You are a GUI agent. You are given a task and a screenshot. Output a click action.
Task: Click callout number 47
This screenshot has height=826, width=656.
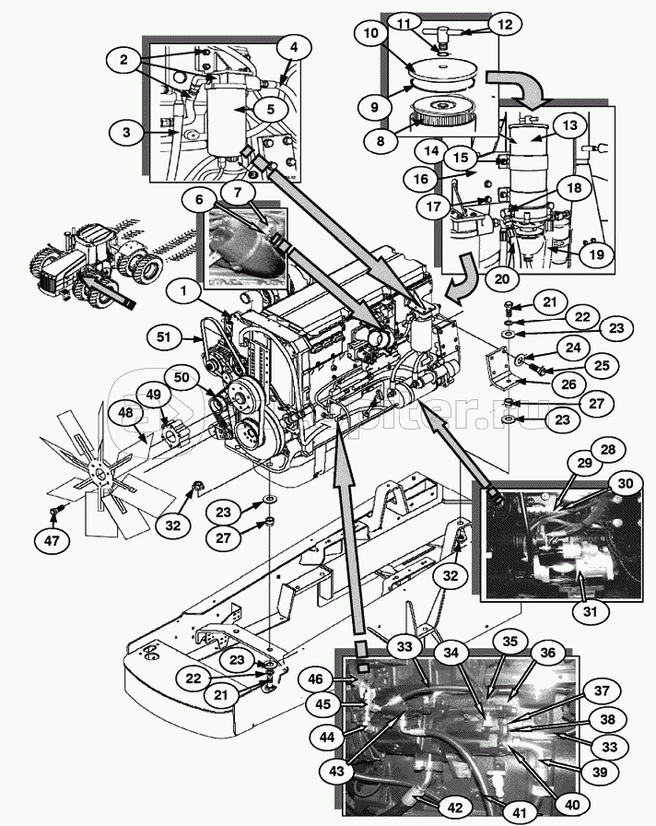[53, 539]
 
